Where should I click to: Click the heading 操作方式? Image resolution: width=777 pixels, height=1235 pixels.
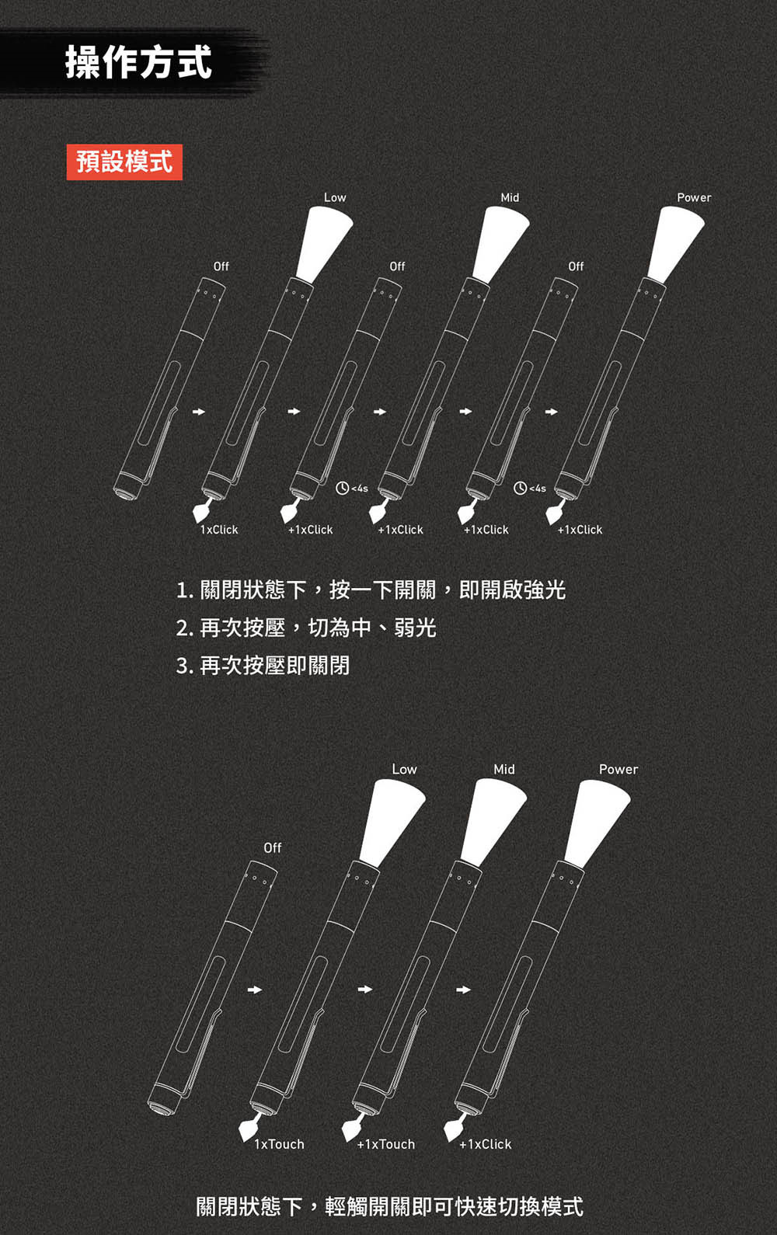[138, 62]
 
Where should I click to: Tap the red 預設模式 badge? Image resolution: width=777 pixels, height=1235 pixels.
[124, 162]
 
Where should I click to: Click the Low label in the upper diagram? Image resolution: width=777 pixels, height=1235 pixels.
[335, 197]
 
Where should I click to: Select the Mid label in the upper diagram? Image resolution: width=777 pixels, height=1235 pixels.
[510, 197]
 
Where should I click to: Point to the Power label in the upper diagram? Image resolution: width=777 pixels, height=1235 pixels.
[694, 197]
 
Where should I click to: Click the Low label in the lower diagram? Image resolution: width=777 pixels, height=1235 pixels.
[404, 769]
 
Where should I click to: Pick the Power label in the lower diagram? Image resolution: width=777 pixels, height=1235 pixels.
[618, 769]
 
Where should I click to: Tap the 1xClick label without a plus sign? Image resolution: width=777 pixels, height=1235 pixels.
[219, 529]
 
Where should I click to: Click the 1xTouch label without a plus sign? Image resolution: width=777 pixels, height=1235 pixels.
[279, 1144]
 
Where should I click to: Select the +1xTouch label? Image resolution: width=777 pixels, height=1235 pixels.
[385, 1144]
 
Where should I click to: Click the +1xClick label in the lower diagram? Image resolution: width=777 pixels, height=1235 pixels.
[486, 1144]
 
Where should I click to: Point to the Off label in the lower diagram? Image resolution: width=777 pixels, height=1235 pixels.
[273, 847]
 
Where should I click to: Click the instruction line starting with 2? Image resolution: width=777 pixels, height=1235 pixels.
[306, 628]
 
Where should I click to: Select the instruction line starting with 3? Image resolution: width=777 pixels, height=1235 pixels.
[263, 666]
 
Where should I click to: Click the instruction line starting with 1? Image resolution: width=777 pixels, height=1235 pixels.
[371, 590]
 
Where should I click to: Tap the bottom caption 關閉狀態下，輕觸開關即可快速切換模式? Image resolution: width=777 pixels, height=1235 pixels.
[389, 1206]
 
